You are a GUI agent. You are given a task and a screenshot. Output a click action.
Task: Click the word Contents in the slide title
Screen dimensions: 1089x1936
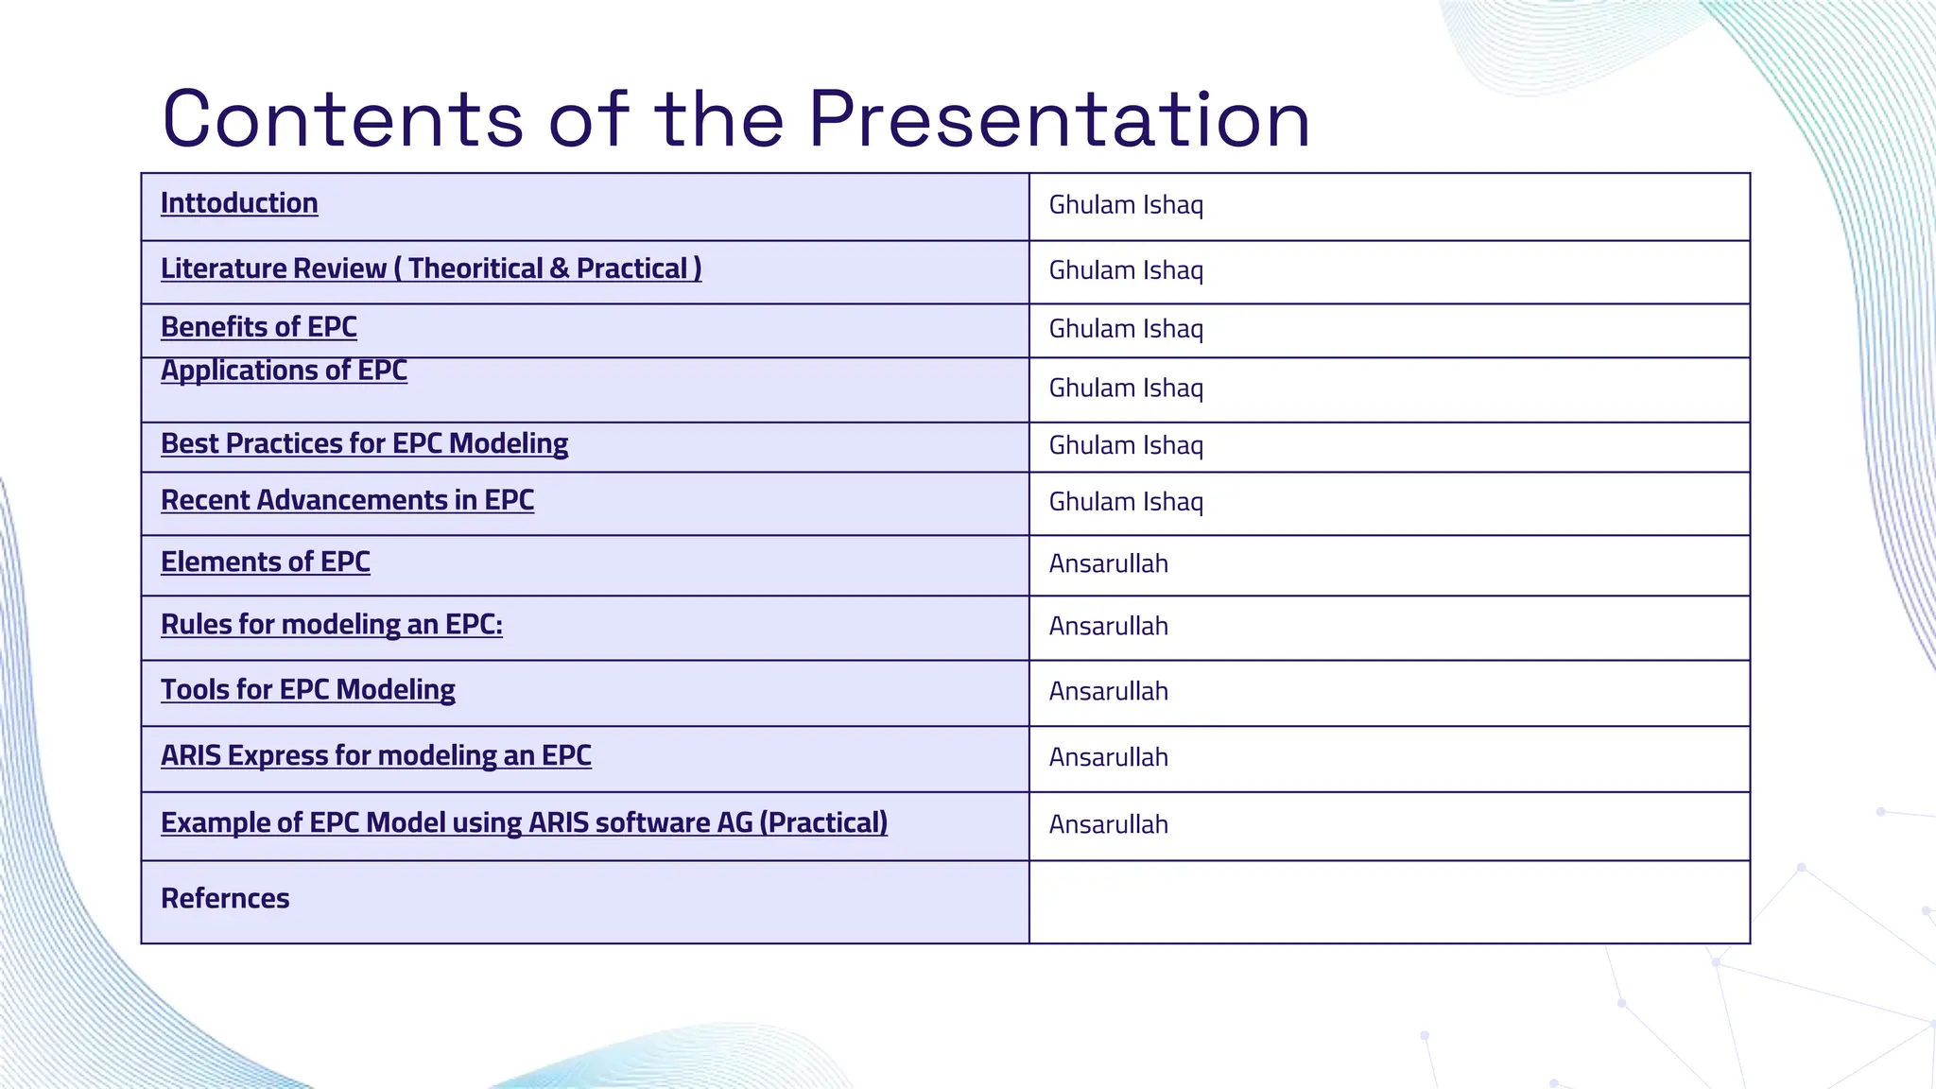pos(342,120)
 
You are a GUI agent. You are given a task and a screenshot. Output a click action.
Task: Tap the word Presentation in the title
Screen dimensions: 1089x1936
pos(1059,120)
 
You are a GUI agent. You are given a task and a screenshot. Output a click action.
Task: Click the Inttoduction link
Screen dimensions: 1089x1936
pos(239,203)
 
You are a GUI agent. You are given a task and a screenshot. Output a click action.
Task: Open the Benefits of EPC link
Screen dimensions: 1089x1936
pos(258,327)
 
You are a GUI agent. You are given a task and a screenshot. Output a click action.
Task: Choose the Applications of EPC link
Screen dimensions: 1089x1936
pos(284,371)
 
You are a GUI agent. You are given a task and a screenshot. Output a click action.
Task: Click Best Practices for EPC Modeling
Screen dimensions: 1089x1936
pos(364,443)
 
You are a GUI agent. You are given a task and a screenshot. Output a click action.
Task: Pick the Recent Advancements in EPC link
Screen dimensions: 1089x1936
pos(347,500)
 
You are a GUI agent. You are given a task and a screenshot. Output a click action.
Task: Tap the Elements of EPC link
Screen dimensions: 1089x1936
pos(265,562)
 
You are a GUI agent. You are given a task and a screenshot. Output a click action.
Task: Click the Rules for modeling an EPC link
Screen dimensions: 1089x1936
pos(331,625)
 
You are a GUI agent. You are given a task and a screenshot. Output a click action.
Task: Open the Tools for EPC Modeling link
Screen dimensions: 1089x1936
pos(307,690)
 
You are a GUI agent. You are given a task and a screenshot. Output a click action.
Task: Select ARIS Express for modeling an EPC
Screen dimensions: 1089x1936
pos(375,756)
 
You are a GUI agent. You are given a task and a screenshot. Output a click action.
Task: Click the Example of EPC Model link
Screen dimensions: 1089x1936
pos(524,822)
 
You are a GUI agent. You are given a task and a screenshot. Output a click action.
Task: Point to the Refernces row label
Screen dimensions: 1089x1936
pos(225,899)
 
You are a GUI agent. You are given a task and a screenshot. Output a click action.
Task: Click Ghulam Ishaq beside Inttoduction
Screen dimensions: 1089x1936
pos(1126,205)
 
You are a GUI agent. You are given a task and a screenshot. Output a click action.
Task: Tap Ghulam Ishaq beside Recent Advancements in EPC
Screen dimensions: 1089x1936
pos(1126,502)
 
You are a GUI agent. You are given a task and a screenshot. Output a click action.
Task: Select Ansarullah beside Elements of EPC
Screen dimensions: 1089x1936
pos(1108,564)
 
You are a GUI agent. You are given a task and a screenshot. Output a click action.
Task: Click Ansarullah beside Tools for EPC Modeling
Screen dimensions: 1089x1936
pos(1108,692)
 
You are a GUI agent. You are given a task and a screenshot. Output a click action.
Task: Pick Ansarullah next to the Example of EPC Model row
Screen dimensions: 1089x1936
pos(1108,825)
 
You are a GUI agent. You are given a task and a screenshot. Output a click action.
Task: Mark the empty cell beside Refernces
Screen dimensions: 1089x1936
pos(1388,902)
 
